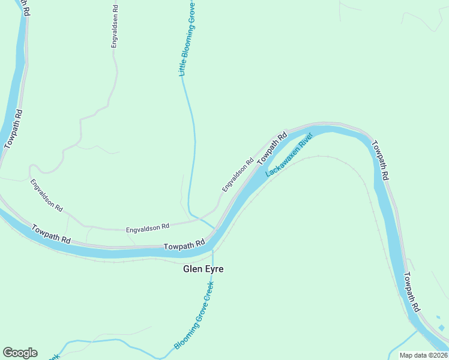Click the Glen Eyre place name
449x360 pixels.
pos(203,269)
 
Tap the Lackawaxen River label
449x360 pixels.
pos(290,155)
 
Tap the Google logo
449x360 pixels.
pos(20,353)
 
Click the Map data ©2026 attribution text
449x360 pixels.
pos(423,355)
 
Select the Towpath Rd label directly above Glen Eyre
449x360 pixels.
pos(184,245)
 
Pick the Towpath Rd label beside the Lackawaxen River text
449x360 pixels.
pos(272,149)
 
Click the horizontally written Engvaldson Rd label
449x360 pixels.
pos(147,228)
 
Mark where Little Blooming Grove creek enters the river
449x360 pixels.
pos(215,229)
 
